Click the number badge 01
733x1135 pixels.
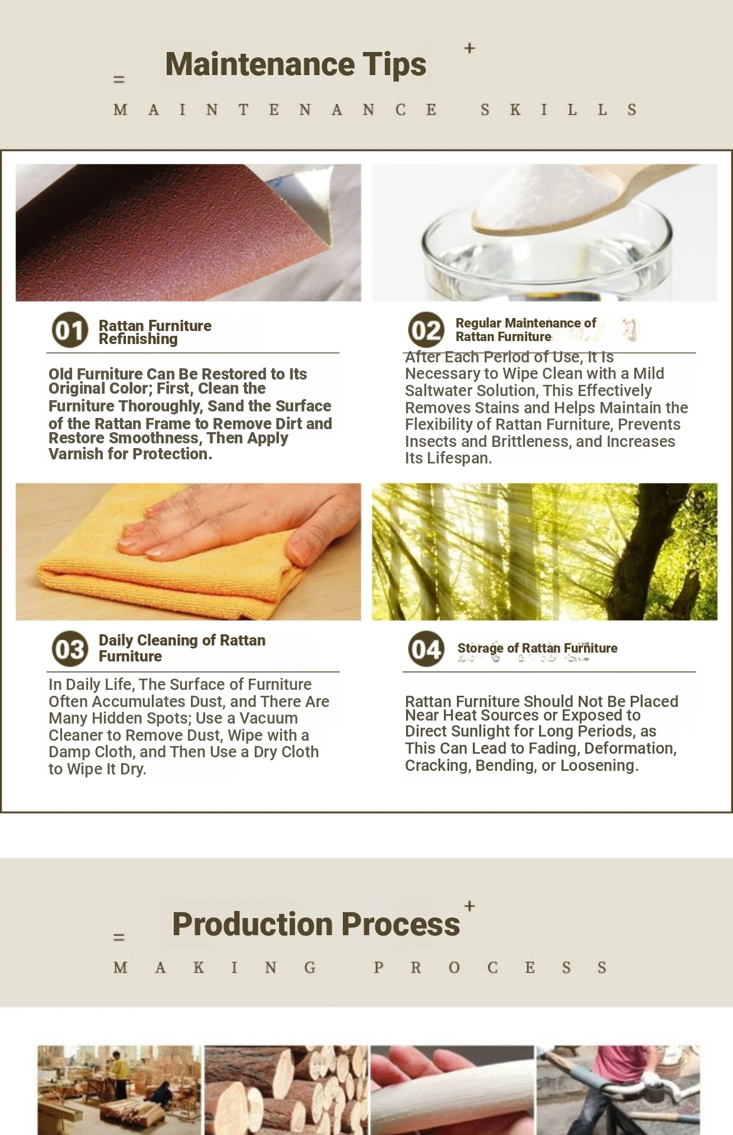pos(70,330)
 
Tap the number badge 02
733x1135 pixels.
pos(426,330)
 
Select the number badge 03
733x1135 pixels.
pos(70,648)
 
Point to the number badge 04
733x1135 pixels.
pos(426,648)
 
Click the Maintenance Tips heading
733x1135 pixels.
pos(296,64)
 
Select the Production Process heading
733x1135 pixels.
pos(316,924)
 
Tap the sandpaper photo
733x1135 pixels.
pos(189,232)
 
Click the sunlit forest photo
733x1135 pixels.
pos(544,552)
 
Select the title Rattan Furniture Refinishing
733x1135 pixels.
pos(155,332)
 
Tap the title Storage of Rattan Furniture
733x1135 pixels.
pos(537,648)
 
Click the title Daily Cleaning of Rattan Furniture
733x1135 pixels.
pos(182,648)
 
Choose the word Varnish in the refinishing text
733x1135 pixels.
pos(75,454)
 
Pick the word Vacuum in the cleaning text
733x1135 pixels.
pos(268,718)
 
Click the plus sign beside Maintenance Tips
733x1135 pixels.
pos(469,48)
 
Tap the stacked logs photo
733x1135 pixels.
pos(286,1090)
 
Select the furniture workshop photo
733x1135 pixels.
pos(119,1090)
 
